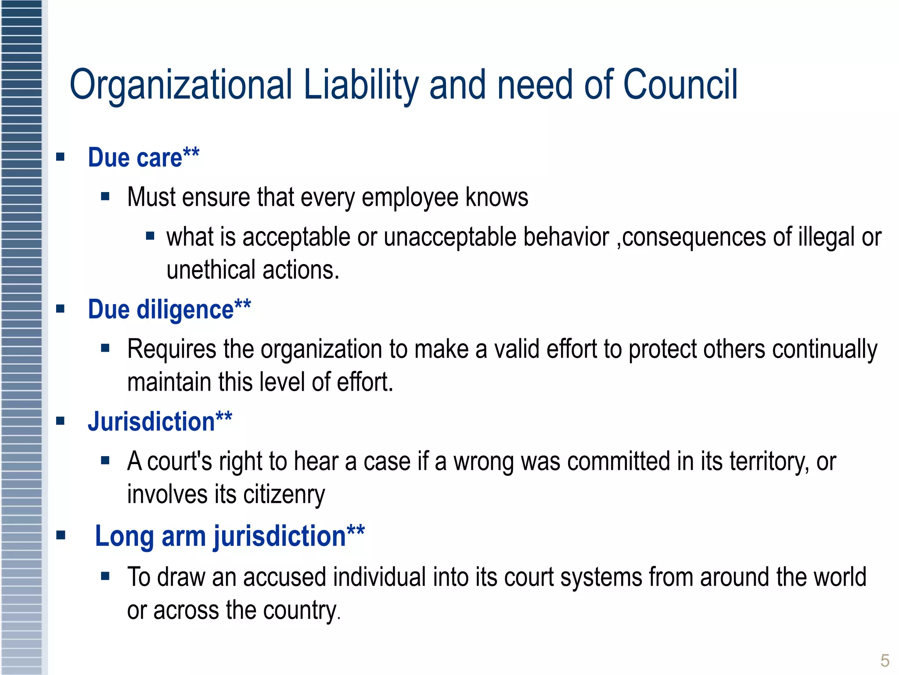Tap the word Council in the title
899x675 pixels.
click(680, 84)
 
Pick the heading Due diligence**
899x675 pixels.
click(169, 309)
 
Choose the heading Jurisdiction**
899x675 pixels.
click(160, 421)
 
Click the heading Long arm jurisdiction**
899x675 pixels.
click(230, 536)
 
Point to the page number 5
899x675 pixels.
click(885, 660)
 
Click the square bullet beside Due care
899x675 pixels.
click(61, 157)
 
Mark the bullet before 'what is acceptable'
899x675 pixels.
click(150, 236)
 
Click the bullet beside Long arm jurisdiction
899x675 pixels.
click(61, 535)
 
